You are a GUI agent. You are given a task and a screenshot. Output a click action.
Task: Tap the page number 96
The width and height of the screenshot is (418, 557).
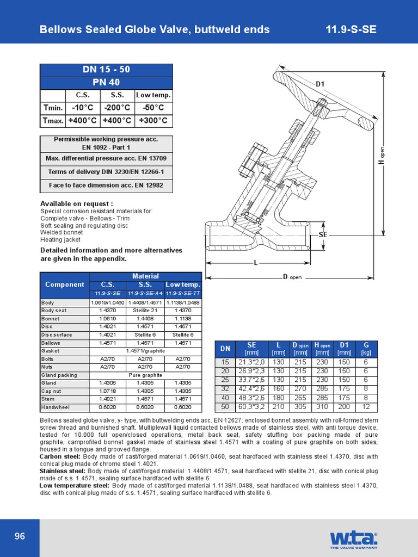20,537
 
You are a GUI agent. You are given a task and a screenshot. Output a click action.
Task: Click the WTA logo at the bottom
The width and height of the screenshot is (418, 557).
353,539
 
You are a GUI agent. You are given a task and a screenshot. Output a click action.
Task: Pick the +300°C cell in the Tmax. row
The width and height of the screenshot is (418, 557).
153,120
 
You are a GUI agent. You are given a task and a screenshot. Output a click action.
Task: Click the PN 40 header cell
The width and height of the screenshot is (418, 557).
106,82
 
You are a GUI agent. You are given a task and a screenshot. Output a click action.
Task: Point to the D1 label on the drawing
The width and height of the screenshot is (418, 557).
321,84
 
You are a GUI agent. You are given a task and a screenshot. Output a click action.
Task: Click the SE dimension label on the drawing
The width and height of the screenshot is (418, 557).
323,234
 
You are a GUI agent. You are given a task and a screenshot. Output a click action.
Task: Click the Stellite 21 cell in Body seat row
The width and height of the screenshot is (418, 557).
145,311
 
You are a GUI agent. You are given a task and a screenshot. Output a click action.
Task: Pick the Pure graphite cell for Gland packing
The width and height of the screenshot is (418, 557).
145,375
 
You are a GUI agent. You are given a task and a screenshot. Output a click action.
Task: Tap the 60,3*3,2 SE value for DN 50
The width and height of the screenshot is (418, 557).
251,406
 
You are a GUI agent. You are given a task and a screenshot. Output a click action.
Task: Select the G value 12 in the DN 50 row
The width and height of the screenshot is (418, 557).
366,406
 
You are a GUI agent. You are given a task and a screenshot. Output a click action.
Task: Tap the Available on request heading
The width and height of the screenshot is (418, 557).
77,203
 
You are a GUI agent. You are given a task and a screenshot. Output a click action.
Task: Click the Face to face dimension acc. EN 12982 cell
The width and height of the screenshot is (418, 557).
106,185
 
